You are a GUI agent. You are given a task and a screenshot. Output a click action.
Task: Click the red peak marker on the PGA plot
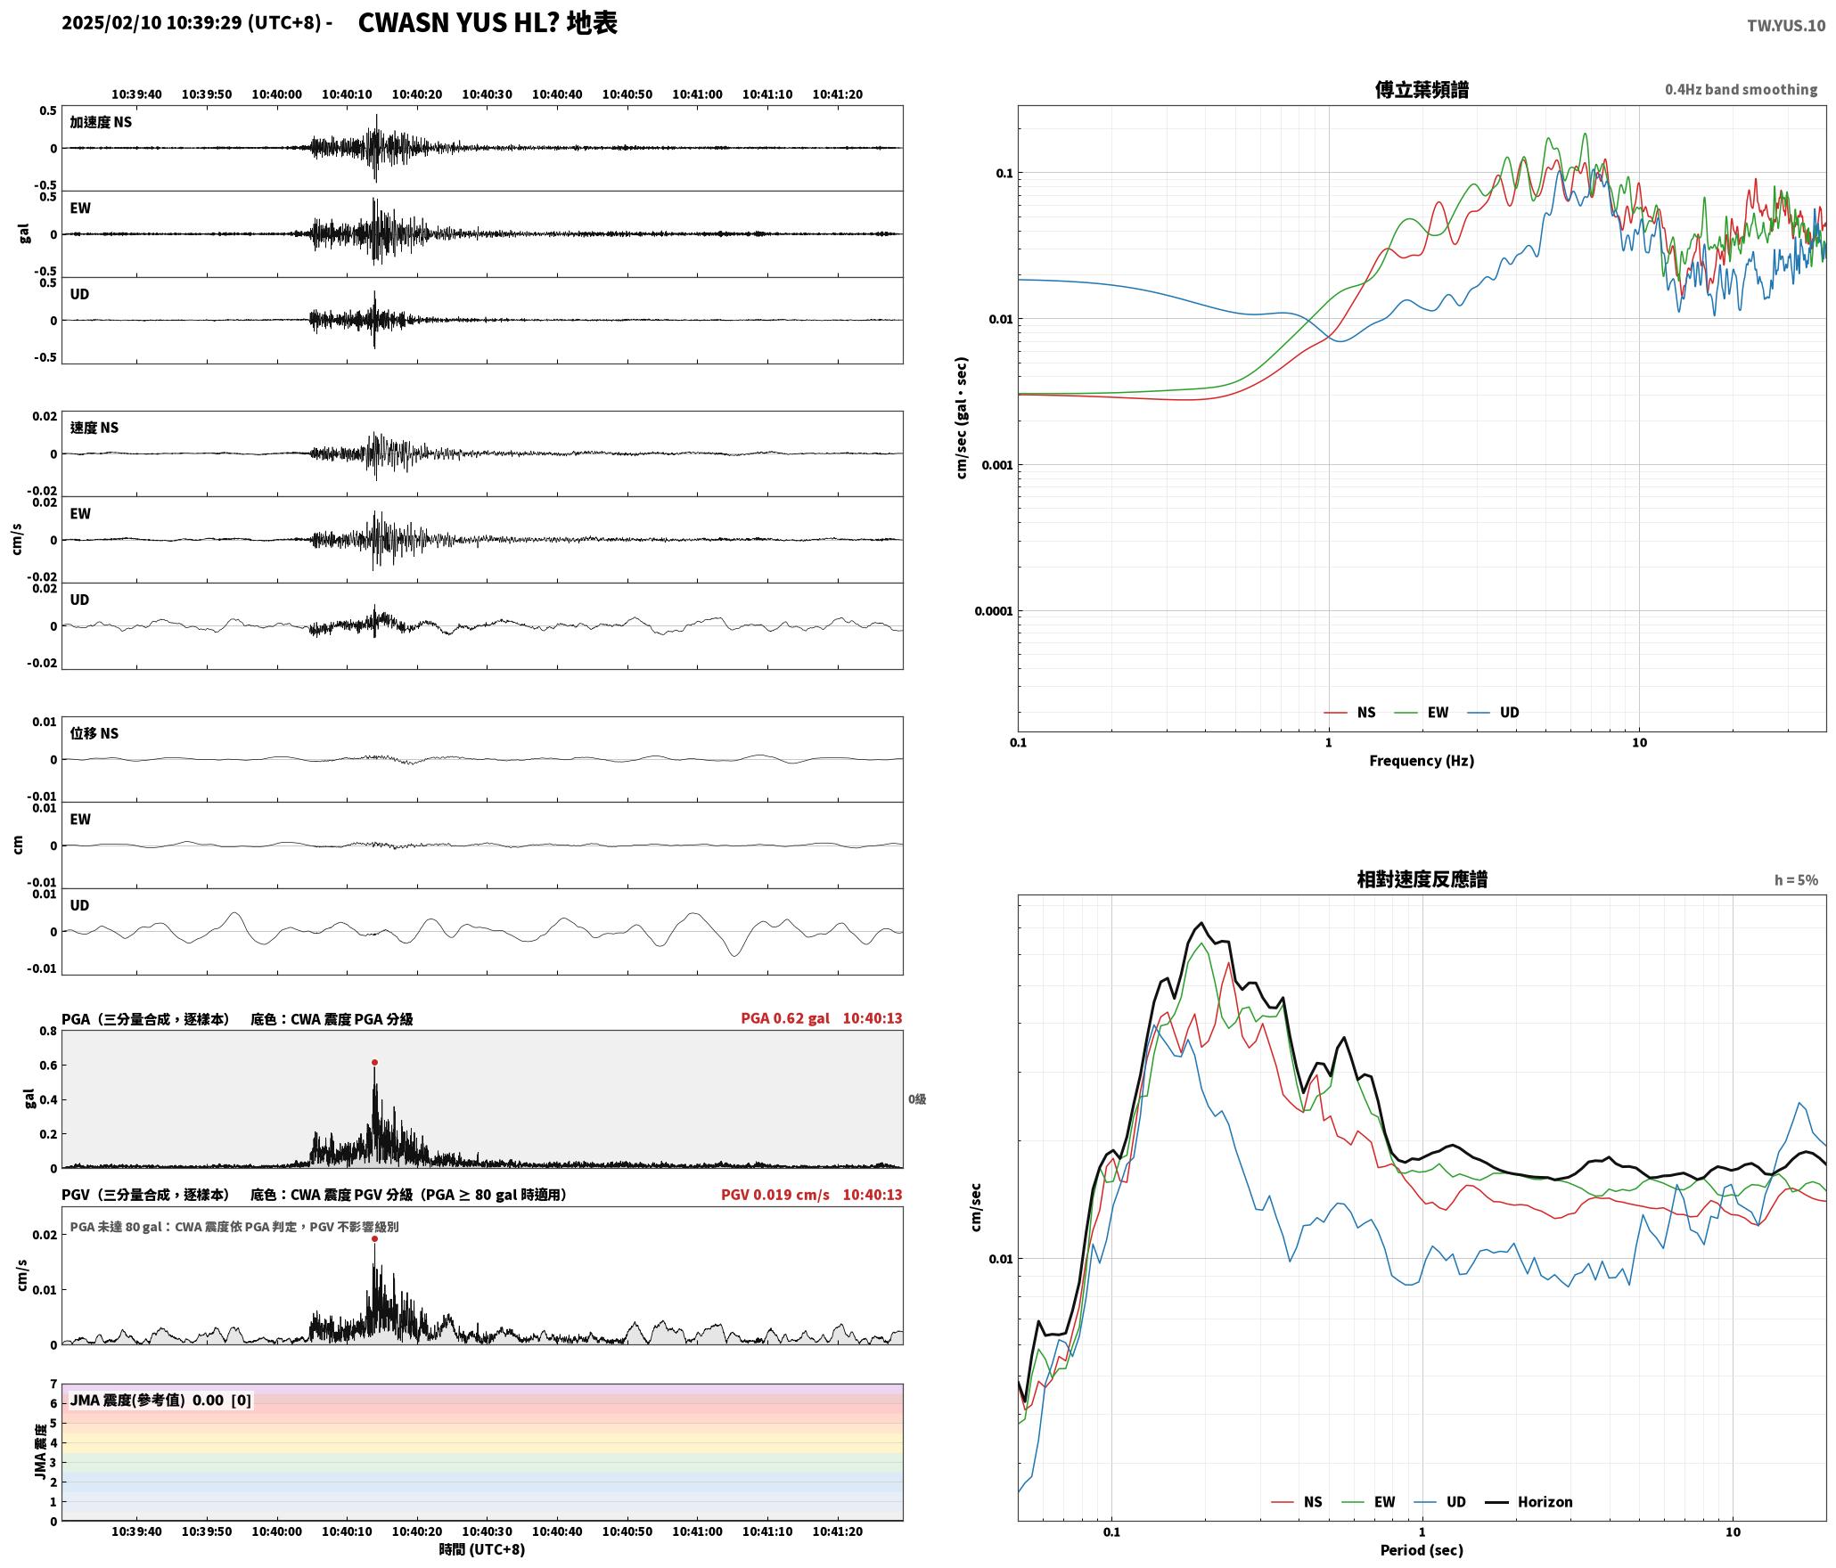[x=374, y=1062]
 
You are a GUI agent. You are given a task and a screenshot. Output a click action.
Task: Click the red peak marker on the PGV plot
[x=374, y=1238]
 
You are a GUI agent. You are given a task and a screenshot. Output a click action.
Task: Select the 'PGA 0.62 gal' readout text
[x=785, y=1018]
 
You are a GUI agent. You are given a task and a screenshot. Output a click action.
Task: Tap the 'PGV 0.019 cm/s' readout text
[x=775, y=1195]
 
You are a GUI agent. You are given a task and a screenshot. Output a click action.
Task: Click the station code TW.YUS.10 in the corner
[x=1786, y=26]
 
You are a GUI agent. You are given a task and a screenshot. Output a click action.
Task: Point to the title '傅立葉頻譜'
[x=1422, y=90]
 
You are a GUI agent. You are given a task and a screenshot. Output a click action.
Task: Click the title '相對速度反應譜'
[x=1422, y=879]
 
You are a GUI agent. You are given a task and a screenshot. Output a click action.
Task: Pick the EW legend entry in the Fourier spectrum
[x=1422, y=713]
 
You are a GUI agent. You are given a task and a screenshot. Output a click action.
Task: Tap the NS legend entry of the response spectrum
[x=1297, y=1502]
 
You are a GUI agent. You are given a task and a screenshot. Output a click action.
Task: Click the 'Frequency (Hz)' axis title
[x=1422, y=761]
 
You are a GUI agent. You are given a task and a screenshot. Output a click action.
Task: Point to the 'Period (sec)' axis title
[x=1422, y=1550]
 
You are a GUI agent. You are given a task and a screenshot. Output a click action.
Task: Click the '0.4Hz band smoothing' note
[x=1741, y=90]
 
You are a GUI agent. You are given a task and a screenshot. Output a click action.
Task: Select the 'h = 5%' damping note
[x=1796, y=880]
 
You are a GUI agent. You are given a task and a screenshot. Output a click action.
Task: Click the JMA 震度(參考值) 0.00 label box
[x=160, y=1401]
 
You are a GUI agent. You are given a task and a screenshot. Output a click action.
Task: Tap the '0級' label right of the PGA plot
[x=917, y=1099]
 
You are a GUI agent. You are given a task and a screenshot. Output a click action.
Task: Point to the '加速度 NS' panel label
[x=101, y=122]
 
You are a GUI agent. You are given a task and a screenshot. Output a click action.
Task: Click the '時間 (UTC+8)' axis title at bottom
[x=482, y=1550]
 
